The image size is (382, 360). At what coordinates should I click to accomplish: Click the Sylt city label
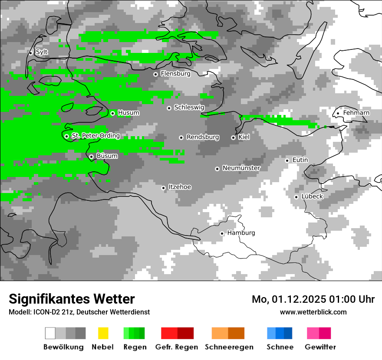click(42, 52)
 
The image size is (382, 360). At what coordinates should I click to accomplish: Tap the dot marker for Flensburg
click(155, 74)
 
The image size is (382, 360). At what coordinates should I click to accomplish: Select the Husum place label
click(128, 113)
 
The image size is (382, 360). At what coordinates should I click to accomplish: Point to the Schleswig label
click(189, 107)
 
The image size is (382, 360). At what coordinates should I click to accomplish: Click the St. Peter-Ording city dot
click(66, 136)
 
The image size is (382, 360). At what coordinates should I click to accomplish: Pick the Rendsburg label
click(203, 137)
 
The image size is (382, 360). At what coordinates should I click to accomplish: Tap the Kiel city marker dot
click(233, 137)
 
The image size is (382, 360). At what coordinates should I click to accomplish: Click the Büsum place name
click(107, 156)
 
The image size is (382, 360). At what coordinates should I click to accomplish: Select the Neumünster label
click(241, 168)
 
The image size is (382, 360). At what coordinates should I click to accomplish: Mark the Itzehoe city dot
click(163, 188)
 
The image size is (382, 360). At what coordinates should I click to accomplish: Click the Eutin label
click(300, 160)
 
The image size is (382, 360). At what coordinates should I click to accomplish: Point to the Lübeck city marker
click(296, 197)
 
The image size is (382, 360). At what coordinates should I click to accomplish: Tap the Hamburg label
click(241, 233)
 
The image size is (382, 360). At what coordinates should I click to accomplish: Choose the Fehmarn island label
click(356, 113)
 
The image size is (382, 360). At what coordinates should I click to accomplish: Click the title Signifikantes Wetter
click(72, 299)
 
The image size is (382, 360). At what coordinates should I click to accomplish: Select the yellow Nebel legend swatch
click(103, 333)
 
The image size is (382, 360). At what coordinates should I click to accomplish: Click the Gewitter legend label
click(320, 347)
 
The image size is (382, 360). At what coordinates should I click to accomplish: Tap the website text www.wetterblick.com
click(313, 312)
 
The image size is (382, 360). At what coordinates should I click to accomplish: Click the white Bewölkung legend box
click(50, 333)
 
